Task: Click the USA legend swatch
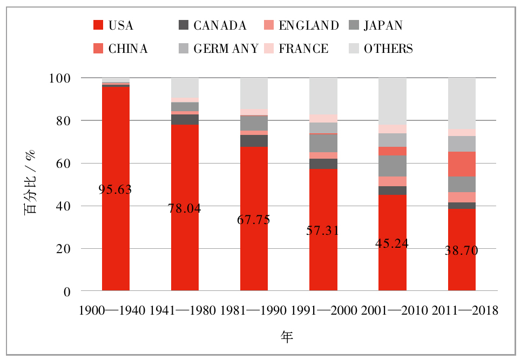(98, 25)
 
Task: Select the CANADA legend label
(220, 25)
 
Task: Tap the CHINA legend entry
(128, 49)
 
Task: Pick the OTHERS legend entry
(388, 49)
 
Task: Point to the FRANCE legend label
(303, 49)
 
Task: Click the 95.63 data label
(116, 189)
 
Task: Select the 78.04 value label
(185, 209)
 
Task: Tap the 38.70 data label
(462, 250)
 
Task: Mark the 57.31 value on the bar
(323, 230)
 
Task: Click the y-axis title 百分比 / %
(31, 185)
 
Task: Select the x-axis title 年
(287, 337)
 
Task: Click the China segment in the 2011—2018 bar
(462, 164)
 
